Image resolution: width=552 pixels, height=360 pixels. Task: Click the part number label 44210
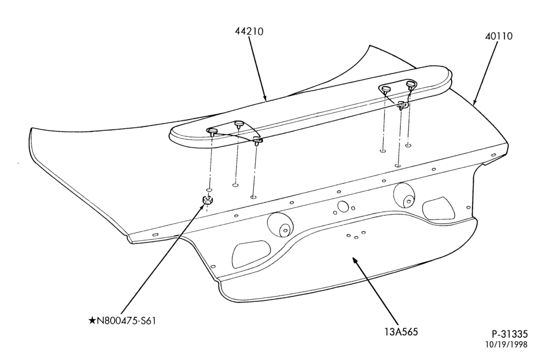pos(249,31)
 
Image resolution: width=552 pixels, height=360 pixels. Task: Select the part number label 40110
pos(499,36)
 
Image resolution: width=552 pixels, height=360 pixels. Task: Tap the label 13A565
pos(401,332)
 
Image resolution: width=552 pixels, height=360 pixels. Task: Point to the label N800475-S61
pos(126,321)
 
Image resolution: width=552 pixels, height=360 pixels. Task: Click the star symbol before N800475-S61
pos(92,321)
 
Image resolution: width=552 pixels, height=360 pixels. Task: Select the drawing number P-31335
pos(509,333)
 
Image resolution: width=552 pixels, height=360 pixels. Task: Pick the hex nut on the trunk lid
pos(207,200)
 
